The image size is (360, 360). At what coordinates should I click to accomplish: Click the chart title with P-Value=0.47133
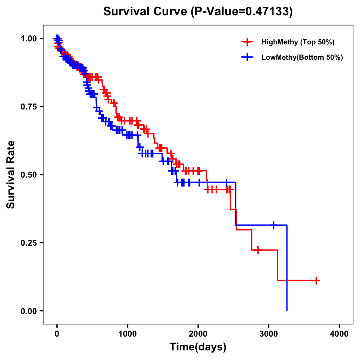pos(198,12)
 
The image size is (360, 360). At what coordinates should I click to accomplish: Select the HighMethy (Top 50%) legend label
pos(298,42)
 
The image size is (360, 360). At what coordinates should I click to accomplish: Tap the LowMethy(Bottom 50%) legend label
pos(302,57)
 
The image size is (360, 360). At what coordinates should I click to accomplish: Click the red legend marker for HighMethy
pos(247,42)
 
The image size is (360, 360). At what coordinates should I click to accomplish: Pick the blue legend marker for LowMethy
pos(247,57)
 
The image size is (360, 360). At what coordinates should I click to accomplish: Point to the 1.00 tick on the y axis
pos(29,39)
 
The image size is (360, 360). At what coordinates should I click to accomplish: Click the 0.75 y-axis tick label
pos(29,107)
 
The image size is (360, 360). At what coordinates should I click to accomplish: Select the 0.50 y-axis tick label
pos(29,175)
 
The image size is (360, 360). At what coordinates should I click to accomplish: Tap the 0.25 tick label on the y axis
pos(29,243)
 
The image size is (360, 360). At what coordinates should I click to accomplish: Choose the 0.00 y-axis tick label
pos(29,311)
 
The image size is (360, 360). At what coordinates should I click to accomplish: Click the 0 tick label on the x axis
pos(57,334)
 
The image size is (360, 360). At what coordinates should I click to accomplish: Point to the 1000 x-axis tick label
pos(127,334)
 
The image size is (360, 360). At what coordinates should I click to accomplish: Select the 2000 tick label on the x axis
pos(198,334)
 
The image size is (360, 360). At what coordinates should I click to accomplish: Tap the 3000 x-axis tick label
pos(269,334)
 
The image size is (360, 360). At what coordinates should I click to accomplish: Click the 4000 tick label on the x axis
pos(339,334)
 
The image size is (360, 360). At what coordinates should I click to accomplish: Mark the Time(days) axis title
pos(198,347)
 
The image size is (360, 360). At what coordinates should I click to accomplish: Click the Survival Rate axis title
pos(11,175)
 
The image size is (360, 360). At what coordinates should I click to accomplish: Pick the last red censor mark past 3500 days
pos(316,280)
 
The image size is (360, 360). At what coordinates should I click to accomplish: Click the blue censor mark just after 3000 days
pos(274,225)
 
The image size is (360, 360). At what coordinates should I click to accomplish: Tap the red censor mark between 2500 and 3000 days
pos(258,250)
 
